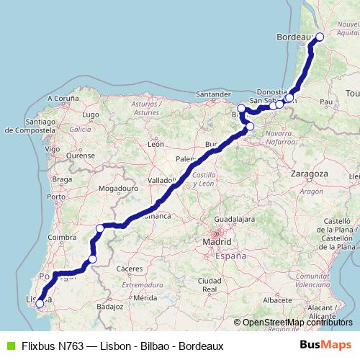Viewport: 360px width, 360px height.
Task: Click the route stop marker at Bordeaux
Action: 320,37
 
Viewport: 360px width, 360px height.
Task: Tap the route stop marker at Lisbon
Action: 40,303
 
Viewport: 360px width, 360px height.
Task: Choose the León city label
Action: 156,144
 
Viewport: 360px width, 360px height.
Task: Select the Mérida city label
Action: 145,297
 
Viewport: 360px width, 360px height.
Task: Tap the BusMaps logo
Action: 326,345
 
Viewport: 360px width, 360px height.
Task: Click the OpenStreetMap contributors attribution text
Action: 297,323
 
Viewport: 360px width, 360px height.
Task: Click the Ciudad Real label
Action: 210,284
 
